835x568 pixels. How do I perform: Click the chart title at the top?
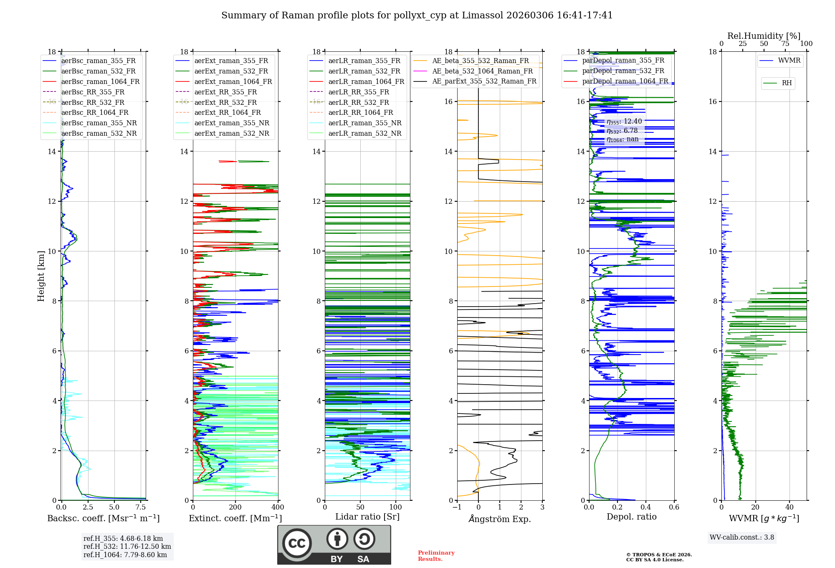pyautogui.click(x=417, y=15)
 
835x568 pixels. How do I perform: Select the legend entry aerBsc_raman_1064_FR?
pyautogui.click(x=100, y=81)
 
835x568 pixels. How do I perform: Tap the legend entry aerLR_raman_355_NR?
pyautogui.click(x=364, y=123)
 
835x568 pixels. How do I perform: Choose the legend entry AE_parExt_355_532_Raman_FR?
pyautogui.click(x=484, y=81)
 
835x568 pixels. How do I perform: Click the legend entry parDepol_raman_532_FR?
pyautogui.click(x=623, y=71)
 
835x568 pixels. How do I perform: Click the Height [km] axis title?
pyautogui.click(x=41, y=276)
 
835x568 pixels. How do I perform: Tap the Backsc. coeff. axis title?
pyautogui.click(x=103, y=518)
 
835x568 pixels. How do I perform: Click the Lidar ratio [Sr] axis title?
pyautogui.click(x=367, y=517)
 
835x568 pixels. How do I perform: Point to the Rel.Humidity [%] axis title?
pyautogui.click(x=764, y=36)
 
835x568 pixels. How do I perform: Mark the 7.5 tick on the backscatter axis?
pyautogui.click(x=141, y=507)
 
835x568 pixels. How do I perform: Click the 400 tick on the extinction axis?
pyautogui.click(x=278, y=507)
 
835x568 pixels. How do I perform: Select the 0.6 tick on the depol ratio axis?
pyautogui.click(x=674, y=507)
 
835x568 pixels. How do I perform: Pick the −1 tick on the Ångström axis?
pyautogui.click(x=457, y=507)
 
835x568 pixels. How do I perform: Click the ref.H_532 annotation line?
pyautogui.click(x=127, y=546)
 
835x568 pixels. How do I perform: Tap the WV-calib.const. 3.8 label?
pyautogui.click(x=741, y=538)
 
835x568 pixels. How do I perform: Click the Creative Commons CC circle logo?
pyautogui.click(x=297, y=543)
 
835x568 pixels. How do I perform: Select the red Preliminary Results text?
pyautogui.click(x=436, y=555)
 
